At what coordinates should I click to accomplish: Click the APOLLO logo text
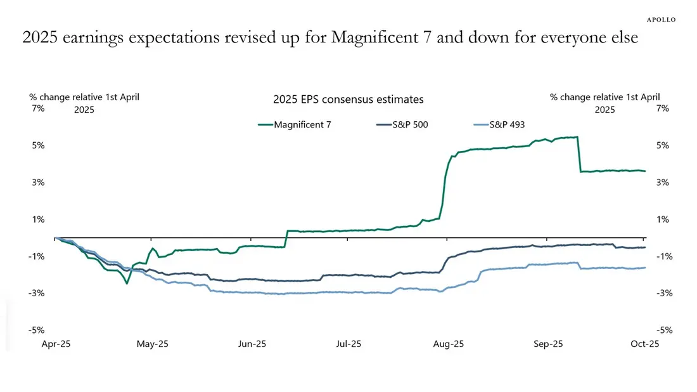click(661, 20)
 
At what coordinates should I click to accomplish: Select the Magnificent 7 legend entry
click(302, 124)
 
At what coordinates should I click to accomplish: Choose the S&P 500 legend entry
click(410, 124)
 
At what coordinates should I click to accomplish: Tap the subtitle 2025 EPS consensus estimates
click(348, 100)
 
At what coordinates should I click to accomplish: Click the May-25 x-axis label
click(153, 344)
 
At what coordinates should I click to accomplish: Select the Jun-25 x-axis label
click(252, 344)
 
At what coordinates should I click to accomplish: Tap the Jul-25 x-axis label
click(348, 344)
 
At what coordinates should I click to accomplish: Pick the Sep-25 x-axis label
click(548, 344)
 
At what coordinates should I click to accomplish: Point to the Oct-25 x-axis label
click(644, 344)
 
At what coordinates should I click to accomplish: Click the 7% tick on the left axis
click(37, 108)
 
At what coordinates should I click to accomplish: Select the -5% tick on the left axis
click(36, 330)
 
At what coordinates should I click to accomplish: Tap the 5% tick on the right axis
click(663, 145)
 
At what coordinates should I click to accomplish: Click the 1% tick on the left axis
click(37, 219)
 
